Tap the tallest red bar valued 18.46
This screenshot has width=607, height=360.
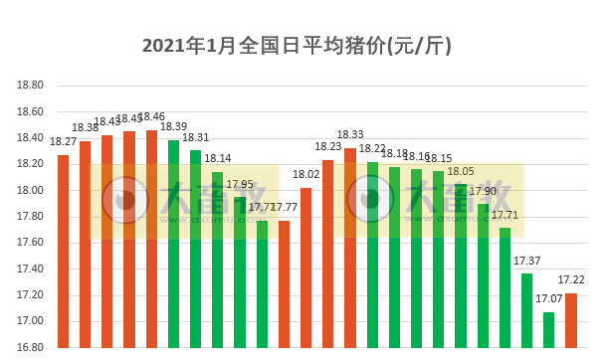pyautogui.click(x=151, y=239)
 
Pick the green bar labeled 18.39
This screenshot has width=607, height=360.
pyautogui.click(x=173, y=244)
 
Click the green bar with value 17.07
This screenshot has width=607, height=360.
pyautogui.click(x=548, y=329)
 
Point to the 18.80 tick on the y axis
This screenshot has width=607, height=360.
pyautogui.click(x=30, y=86)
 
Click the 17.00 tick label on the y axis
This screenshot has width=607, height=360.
pyautogui.click(x=30, y=321)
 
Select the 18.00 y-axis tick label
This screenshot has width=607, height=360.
pyautogui.click(x=30, y=190)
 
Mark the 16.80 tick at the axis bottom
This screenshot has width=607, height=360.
pyautogui.click(x=30, y=347)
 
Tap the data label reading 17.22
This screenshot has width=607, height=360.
pyautogui.click(x=571, y=281)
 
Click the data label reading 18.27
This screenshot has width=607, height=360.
pyautogui.click(x=63, y=141)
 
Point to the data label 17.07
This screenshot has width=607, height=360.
pyautogui.click(x=548, y=298)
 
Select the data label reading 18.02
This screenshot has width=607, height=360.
pyautogui.click(x=305, y=174)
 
